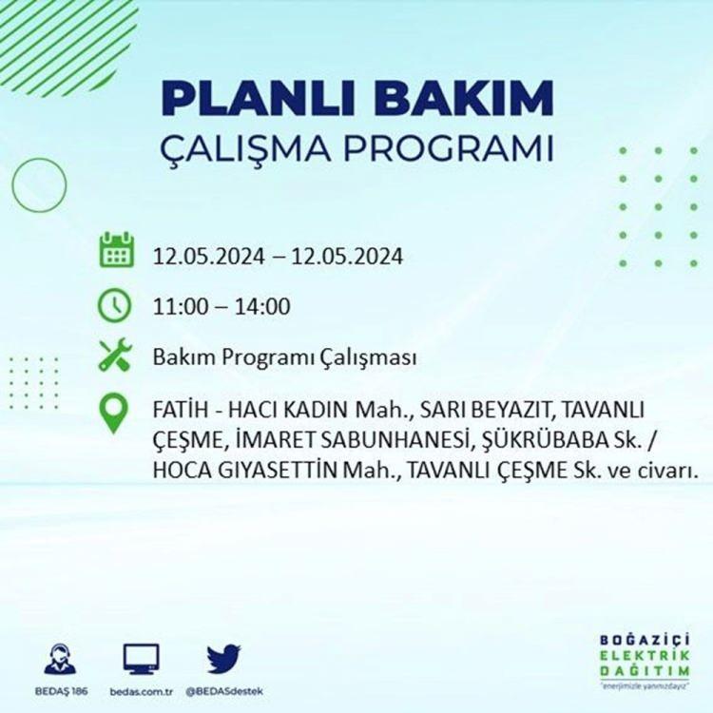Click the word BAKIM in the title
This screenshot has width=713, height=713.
(463, 98)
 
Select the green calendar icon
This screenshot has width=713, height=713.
(116, 250)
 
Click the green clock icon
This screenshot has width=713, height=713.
(114, 305)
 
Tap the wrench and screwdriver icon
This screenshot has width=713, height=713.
(115, 355)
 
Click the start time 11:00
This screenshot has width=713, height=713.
(181, 306)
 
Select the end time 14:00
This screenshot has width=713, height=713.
(262, 306)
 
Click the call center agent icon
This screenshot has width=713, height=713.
(60, 659)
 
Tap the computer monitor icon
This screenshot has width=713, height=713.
(142, 659)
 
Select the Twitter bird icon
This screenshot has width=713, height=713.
(223, 659)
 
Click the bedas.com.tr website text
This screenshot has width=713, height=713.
(142, 692)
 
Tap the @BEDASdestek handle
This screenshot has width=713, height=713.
(224, 692)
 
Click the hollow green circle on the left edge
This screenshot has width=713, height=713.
(12, 185)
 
